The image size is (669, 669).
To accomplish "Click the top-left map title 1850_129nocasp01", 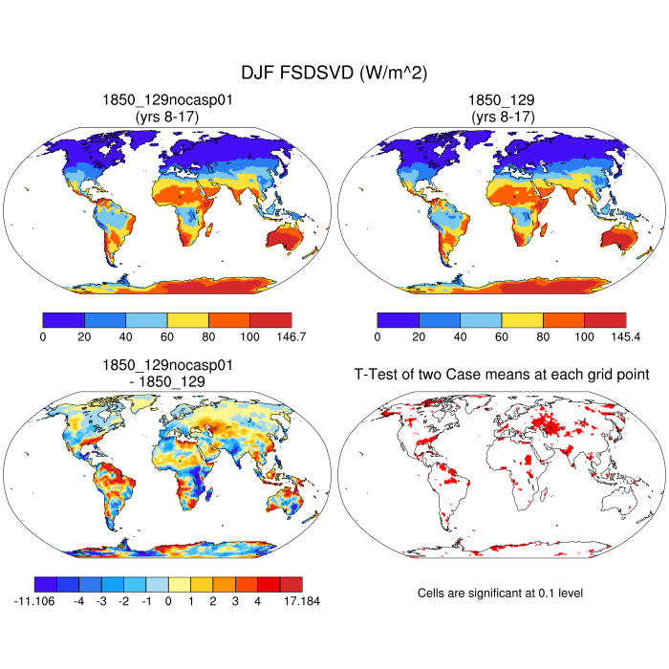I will coord(167,99).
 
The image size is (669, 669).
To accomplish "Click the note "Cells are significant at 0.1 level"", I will coord(501,593).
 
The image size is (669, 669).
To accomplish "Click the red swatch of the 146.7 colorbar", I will coord(270,319).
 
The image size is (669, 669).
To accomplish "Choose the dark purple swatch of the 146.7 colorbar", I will coord(64,319).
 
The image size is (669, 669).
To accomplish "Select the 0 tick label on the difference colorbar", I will coord(168,602).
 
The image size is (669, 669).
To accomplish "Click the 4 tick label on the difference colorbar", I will coord(257,602).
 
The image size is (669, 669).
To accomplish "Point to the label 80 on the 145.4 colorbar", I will coord(543,337).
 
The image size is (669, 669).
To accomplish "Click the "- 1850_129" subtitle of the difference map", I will coord(167,381).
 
